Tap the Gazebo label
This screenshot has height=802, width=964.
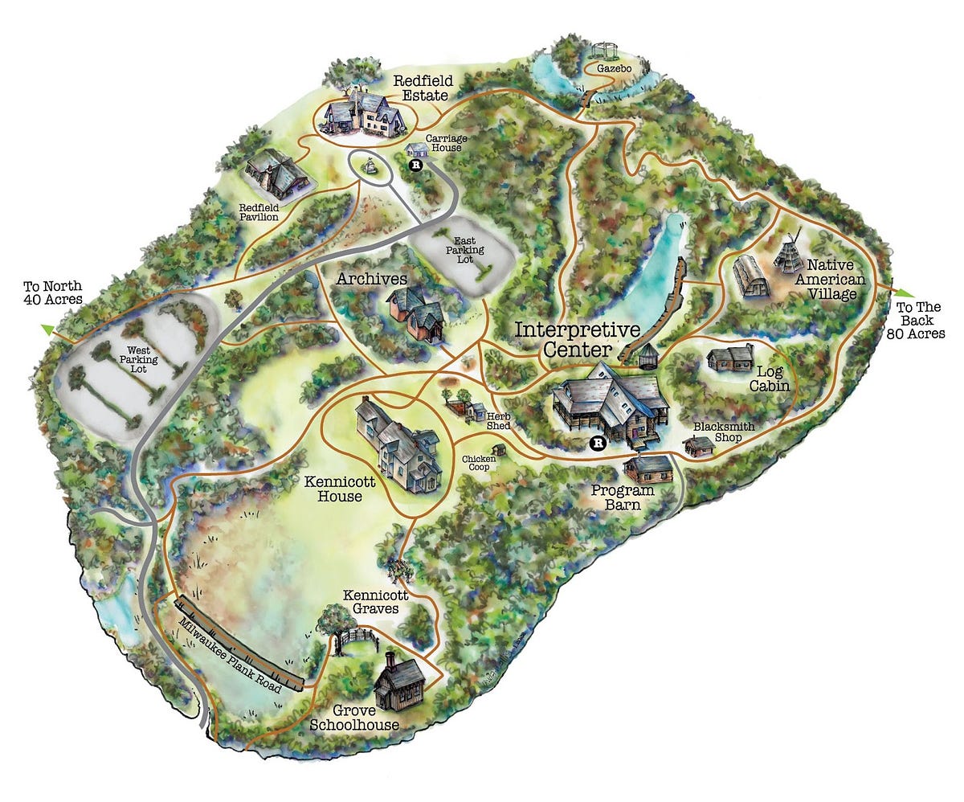tap(615, 70)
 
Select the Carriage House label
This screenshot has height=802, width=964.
tap(447, 144)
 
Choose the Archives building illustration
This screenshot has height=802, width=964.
tap(415, 313)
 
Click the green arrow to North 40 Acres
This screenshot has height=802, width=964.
tap(49, 329)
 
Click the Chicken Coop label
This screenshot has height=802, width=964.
tap(479, 464)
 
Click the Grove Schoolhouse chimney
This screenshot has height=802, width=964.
tap(390, 661)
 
